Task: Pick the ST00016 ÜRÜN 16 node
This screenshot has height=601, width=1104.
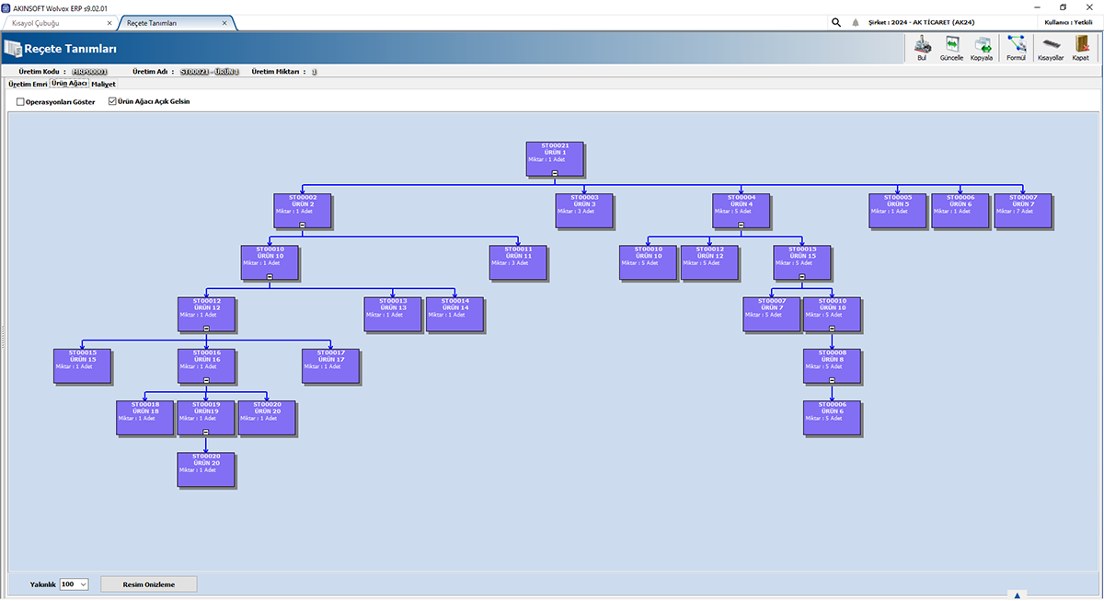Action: (206, 362)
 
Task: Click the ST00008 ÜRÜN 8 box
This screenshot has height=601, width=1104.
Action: (833, 362)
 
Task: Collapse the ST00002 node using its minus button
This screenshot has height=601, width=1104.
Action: (303, 225)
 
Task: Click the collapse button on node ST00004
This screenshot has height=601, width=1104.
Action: (741, 225)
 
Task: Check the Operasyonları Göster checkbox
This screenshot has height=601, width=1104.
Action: (21, 102)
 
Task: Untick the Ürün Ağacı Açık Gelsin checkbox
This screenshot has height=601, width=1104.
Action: (113, 102)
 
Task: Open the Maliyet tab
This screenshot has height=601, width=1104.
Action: (104, 84)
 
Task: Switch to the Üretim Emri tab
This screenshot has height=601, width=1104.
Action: (27, 84)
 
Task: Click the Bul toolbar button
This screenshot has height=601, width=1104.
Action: (922, 48)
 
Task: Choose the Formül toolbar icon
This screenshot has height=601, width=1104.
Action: (1016, 48)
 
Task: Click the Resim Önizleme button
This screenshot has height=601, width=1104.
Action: (148, 584)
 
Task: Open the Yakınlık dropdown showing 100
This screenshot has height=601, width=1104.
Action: (74, 584)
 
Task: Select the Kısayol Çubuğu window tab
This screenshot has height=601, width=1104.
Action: (60, 22)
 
